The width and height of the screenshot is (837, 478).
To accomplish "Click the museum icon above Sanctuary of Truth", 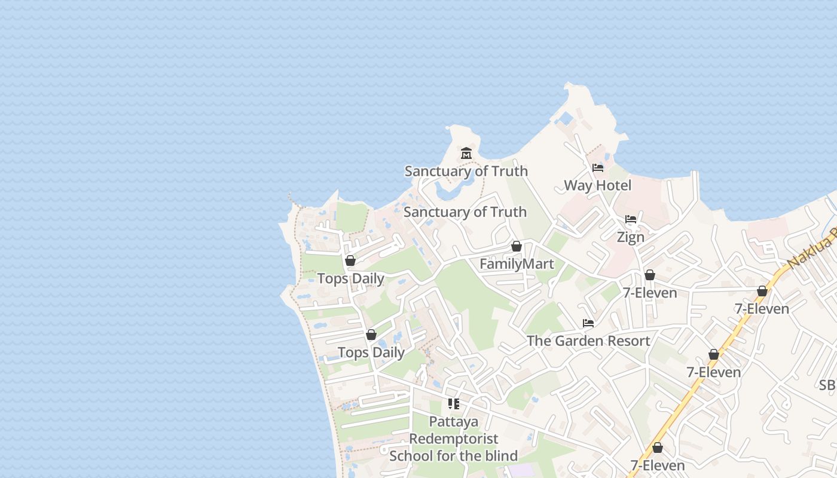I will [x=466, y=154].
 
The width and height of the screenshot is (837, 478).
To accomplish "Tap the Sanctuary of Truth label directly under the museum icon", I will [x=466, y=171].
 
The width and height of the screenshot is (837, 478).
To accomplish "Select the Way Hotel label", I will [x=597, y=186].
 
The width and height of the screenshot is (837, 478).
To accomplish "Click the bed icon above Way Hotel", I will [x=597, y=168].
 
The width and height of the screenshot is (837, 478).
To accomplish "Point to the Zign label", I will [x=631, y=237].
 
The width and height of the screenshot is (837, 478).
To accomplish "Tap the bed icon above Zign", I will [x=631, y=219].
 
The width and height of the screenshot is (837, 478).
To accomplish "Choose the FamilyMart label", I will [x=517, y=264].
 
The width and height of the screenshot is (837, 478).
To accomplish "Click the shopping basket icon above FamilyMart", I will [x=517, y=246].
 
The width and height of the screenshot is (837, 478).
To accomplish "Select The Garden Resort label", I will [x=588, y=341].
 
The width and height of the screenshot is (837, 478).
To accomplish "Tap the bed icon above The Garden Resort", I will [x=588, y=323].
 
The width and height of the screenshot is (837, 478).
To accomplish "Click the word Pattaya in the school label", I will [x=454, y=422].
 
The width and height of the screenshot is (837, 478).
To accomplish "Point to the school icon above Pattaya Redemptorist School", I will [x=454, y=404].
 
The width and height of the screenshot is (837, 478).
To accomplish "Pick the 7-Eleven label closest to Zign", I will [x=650, y=293].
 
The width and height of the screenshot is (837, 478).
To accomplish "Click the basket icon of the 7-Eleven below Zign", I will [x=650, y=275].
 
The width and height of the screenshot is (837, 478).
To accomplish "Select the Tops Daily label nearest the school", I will [x=371, y=353].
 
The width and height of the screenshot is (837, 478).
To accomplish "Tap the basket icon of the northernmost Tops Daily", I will [x=350, y=261].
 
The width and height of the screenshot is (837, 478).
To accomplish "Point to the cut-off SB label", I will [x=827, y=385].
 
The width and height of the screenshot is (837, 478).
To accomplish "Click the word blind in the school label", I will [x=499, y=456].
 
